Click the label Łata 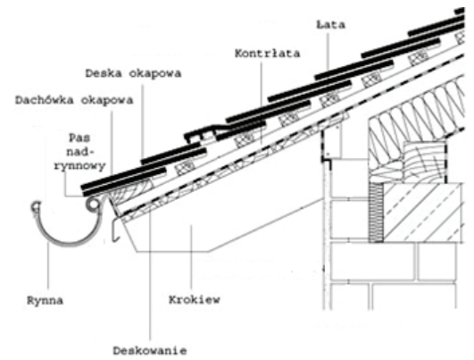pos(330,24)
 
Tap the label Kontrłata pos(268,54)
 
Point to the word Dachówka pos(45,100)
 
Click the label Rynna pos(45,301)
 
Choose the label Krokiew pos(195,299)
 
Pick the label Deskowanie pos(150,351)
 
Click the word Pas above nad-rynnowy pos(79,138)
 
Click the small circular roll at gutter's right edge pos(93,205)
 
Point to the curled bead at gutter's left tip pos(36,206)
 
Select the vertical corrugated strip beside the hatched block pos(376,212)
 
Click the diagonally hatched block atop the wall pos(423,213)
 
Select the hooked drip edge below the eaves pos(115,230)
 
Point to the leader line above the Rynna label pos(48,267)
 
